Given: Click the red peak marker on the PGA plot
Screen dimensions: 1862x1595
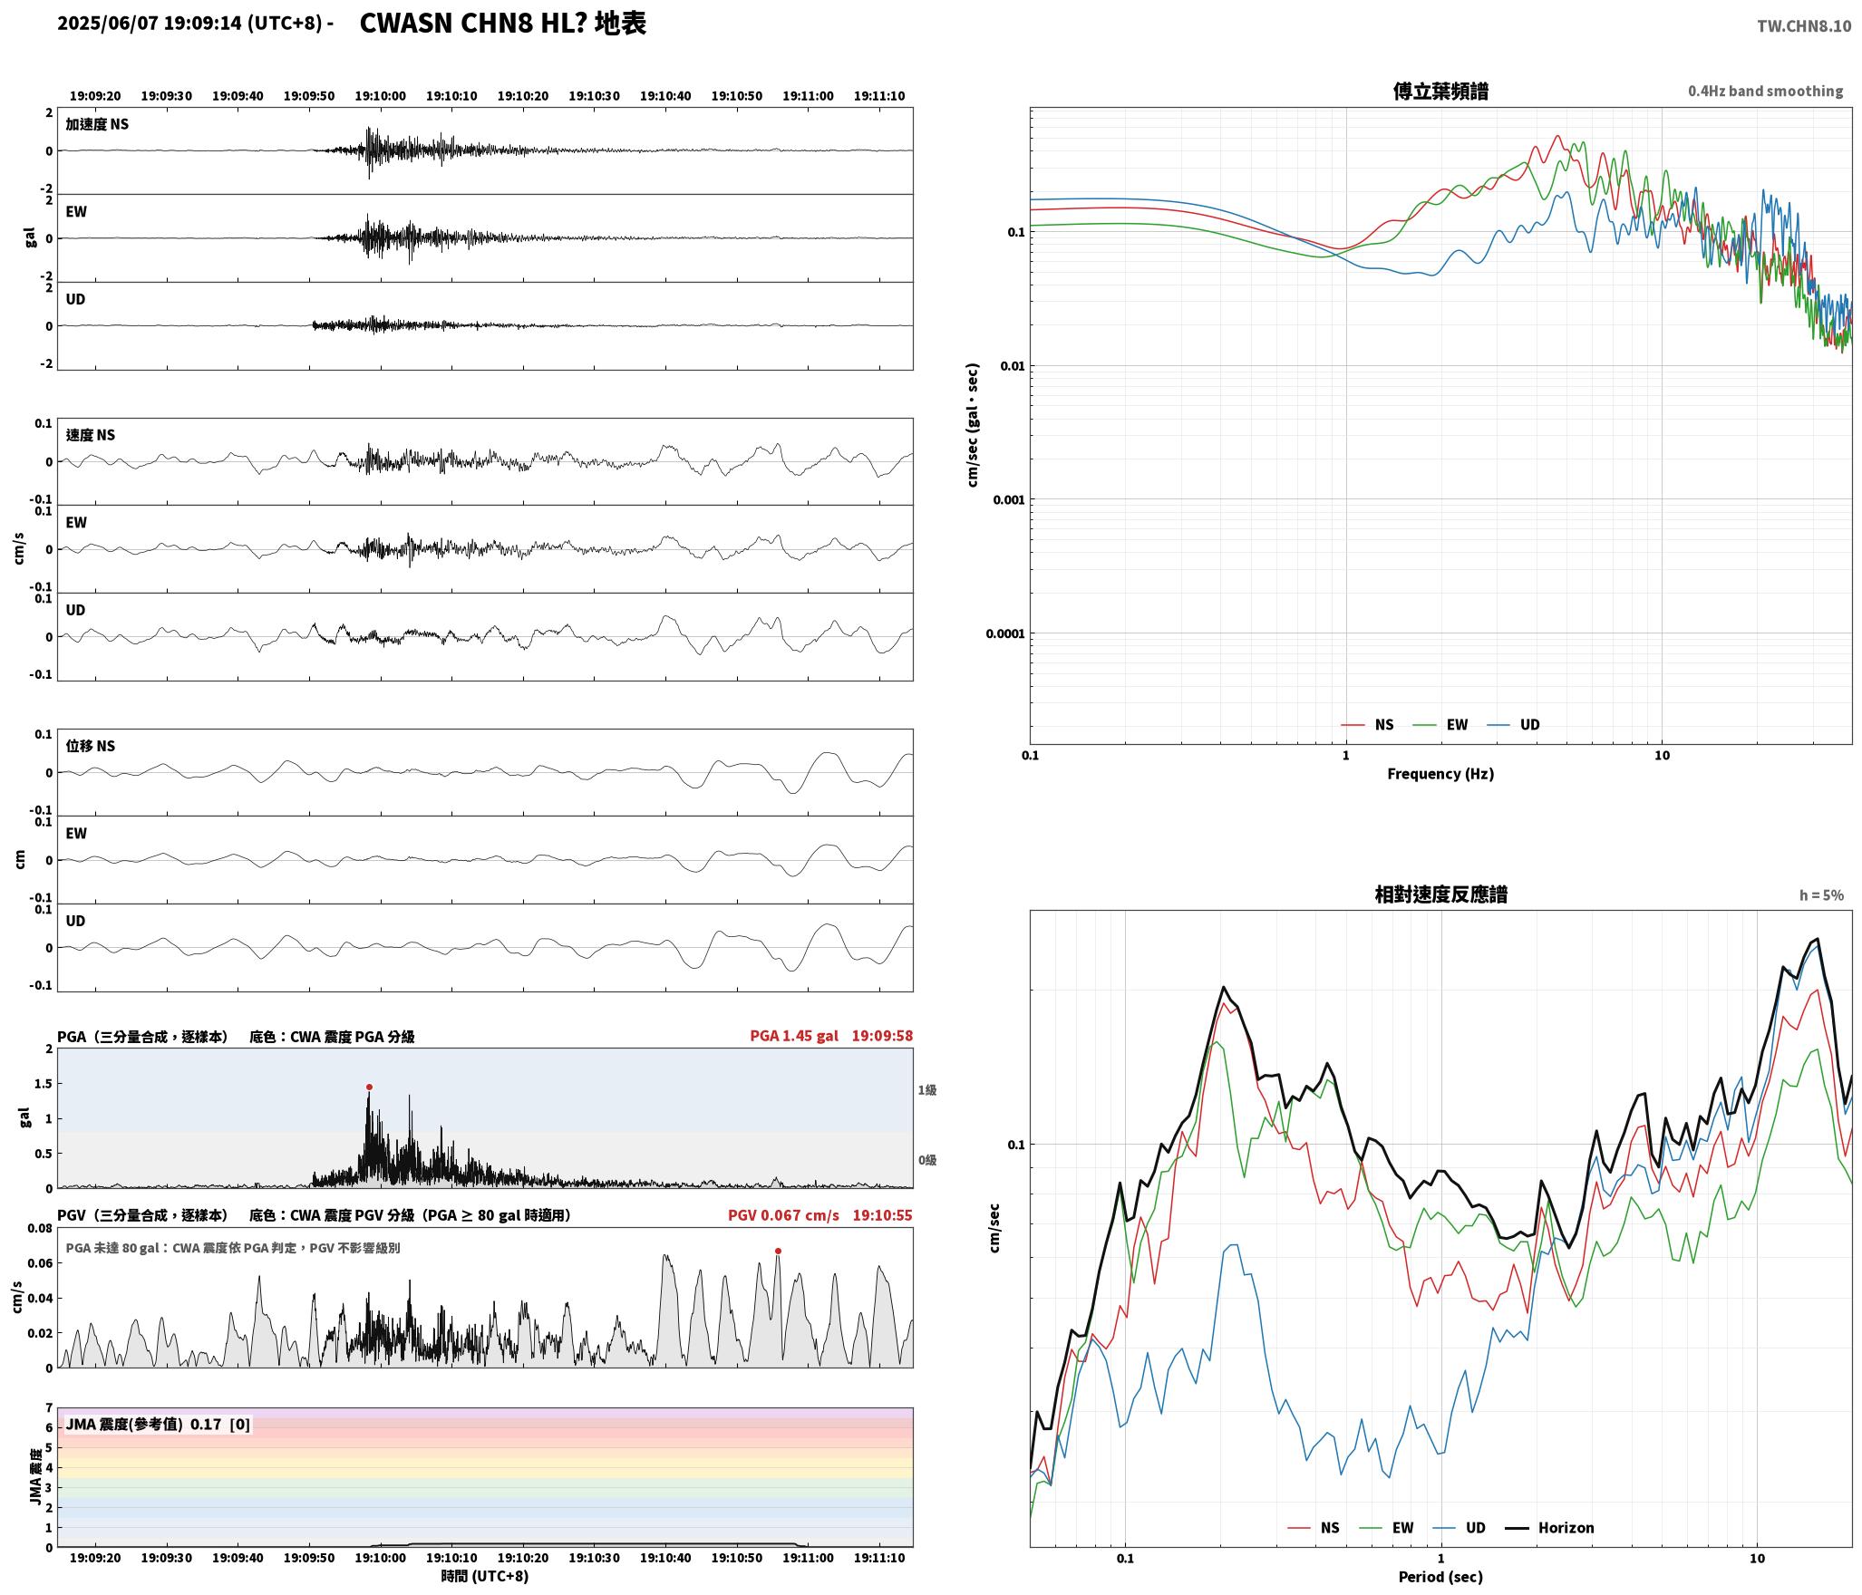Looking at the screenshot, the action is (x=369, y=1087).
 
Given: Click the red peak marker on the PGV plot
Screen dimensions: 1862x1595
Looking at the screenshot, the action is (x=778, y=1251).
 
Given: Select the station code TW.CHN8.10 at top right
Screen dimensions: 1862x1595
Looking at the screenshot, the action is (x=1804, y=26).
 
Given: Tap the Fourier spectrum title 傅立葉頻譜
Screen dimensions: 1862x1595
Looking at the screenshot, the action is (x=1440, y=92).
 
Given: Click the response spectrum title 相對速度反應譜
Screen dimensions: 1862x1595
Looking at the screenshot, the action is (x=1440, y=894).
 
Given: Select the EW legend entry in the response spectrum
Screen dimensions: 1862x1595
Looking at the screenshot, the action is (x=1387, y=1528).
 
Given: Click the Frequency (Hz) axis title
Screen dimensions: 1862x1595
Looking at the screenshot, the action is (x=1440, y=773).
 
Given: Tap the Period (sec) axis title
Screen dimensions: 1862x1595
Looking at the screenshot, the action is (x=1440, y=1577).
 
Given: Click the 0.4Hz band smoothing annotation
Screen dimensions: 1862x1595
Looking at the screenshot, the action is (x=1765, y=92).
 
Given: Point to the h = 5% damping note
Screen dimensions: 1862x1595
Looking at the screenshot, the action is (x=1821, y=895).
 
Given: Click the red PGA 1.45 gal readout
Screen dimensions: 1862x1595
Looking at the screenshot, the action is (x=794, y=1036).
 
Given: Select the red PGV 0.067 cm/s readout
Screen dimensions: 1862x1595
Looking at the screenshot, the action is (x=783, y=1215).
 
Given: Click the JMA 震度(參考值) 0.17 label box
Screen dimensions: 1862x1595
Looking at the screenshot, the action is (x=158, y=1425).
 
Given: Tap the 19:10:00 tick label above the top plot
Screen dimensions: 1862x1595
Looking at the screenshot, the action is (x=380, y=96).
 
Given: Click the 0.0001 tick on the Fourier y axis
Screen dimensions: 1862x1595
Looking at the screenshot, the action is (x=1005, y=633).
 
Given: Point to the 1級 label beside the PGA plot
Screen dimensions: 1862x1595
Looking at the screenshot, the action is (x=926, y=1090).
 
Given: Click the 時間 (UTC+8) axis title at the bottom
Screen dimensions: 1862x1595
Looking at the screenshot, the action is (x=485, y=1577).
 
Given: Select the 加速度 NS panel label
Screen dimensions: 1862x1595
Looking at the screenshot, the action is (x=97, y=124).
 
